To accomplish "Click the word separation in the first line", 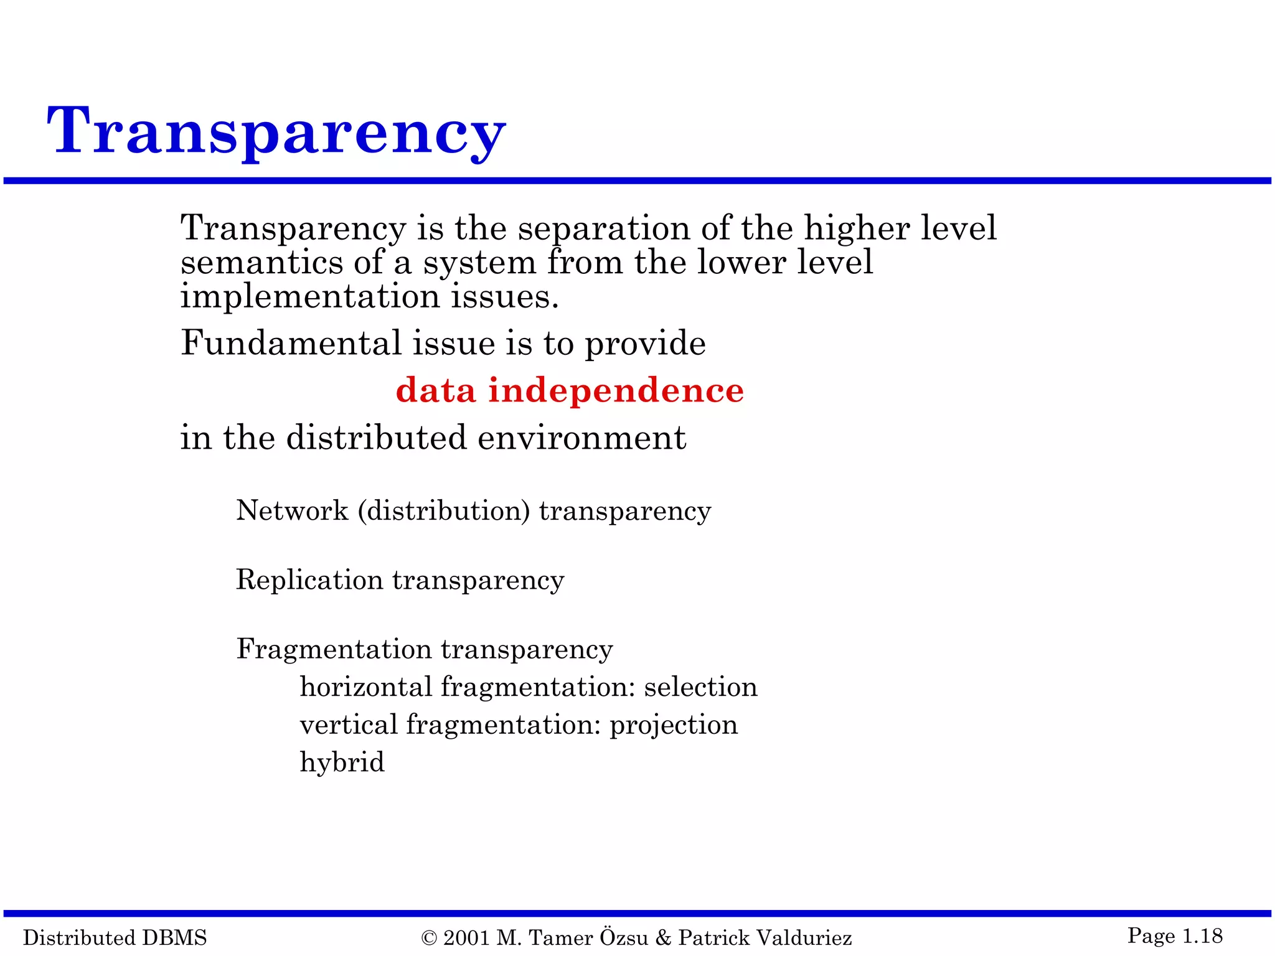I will [604, 228].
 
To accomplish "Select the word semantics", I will [261, 263].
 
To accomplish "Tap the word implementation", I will [310, 297].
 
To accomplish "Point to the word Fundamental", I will [291, 343].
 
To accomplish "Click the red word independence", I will [616, 390].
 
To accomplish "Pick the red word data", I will [436, 390].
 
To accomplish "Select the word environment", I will [581, 438].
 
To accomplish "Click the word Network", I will [292, 511].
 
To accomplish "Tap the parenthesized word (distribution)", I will [444, 511].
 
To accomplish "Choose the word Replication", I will [309, 580].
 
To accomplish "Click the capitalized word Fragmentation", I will [334, 649].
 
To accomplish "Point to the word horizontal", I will [365, 687].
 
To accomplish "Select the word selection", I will [700, 687].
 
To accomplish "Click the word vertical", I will [348, 725].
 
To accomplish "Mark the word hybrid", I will [342, 762].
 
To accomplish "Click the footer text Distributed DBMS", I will [115, 937].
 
